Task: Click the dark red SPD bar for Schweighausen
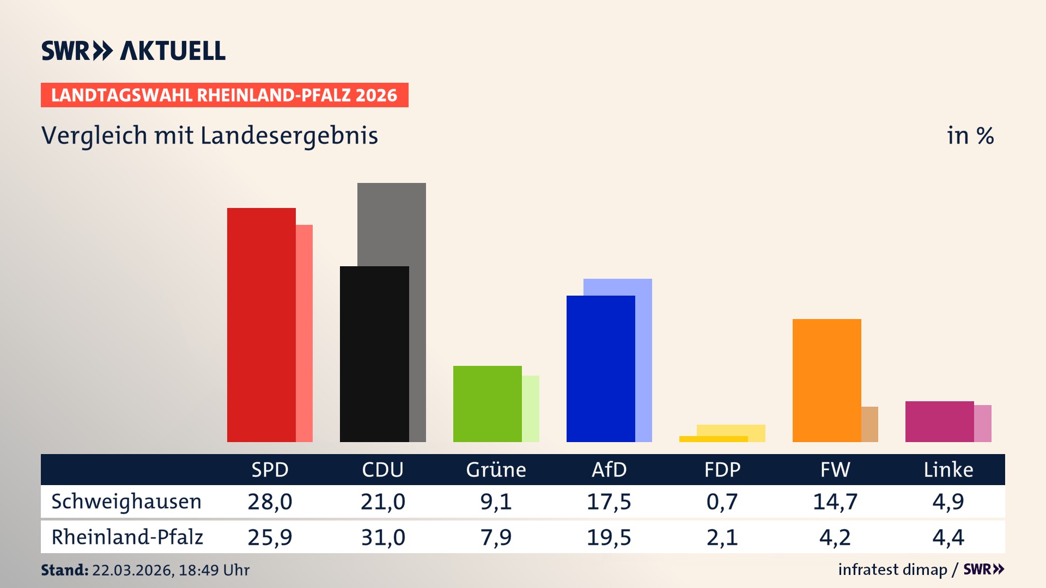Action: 261,324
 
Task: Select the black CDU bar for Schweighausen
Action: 374,354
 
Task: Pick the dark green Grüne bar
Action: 487,403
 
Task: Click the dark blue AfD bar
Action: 600,369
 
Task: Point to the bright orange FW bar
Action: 826,380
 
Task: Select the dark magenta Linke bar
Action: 939,421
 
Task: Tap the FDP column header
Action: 722,469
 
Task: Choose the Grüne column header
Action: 496,469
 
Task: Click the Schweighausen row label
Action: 126,501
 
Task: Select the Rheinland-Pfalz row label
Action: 127,537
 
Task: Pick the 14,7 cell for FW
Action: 835,501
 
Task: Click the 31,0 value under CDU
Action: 383,537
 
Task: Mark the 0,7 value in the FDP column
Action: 722,501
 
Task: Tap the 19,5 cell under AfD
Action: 609,537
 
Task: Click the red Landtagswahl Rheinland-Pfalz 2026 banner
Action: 224,95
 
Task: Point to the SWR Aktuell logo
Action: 133,51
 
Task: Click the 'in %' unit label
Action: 970,136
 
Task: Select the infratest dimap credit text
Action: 892,569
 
